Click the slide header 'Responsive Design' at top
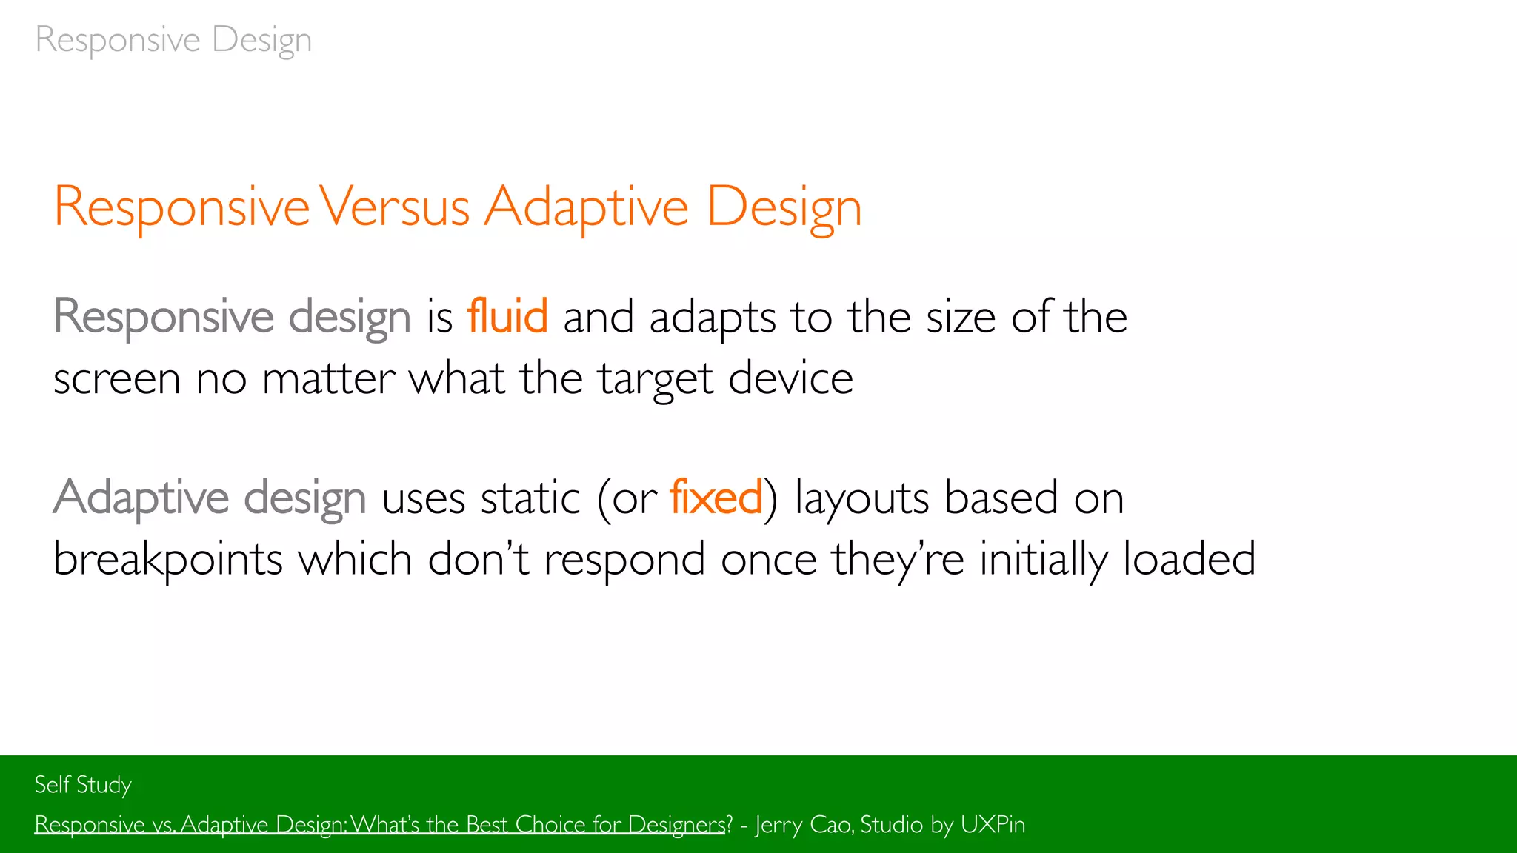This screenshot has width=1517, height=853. [x=173, y=40]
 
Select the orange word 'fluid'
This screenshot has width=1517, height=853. [x=507, y=317]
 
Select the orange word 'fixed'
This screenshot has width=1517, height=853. [x=716, y=497]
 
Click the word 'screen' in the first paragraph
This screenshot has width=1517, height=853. [x=117, y=380]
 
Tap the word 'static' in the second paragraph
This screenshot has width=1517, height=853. [x=530, y=497]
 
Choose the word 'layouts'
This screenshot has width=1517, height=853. [x=861, y=498]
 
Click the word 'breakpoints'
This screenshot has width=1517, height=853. [x=168, y=559]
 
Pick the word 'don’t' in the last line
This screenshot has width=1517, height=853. [x=478, y=558]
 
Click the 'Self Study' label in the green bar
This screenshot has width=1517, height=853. [x=83, y=785]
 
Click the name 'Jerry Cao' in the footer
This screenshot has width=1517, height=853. [x=804, y=825]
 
